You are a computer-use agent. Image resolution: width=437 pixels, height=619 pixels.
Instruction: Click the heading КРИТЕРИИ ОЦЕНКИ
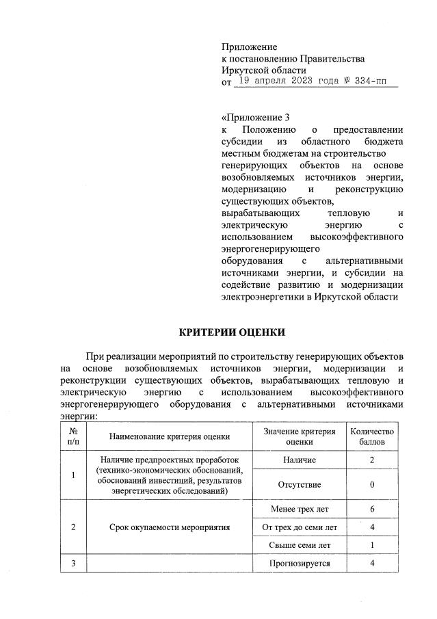pyautogui.click(x=231, y=333)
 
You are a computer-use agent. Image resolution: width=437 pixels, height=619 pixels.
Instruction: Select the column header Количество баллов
pyautogui.click(x=372, y=436)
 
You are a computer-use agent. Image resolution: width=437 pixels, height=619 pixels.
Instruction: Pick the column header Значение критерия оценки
pyautogui.click(x=299, y=436)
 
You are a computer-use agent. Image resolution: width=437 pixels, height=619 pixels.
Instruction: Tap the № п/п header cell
pyautogui.click(x=73, y=436)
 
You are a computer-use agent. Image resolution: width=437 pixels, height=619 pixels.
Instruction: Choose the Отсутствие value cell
pyautogui.click(x=299, y=484)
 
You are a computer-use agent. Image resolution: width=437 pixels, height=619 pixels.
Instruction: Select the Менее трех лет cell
pyautogui.click(x=299, y=510)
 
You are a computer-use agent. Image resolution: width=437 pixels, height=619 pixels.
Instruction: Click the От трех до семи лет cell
pyautogui.click(x=299, y=527)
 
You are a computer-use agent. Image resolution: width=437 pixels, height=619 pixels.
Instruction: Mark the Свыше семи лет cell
pyautogui.click(x=299, y=545)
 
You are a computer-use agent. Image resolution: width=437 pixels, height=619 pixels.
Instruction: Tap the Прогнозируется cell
pyautogui.click(x=299, y=564)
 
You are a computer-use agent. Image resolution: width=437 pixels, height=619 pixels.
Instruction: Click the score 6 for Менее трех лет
pyautogui.click(x=372, y=510)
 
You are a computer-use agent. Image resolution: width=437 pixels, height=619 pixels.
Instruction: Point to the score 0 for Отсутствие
pyautogui.click(x=372, y=484)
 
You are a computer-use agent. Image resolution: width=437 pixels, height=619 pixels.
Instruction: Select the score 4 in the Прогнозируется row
pyautogui.click(x=372, y=564)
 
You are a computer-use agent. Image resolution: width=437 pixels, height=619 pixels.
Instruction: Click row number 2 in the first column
pyautogui.click(x=73, y=527)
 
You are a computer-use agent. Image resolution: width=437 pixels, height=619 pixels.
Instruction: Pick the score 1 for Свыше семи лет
pyautogui.click(x=372, y=545)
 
